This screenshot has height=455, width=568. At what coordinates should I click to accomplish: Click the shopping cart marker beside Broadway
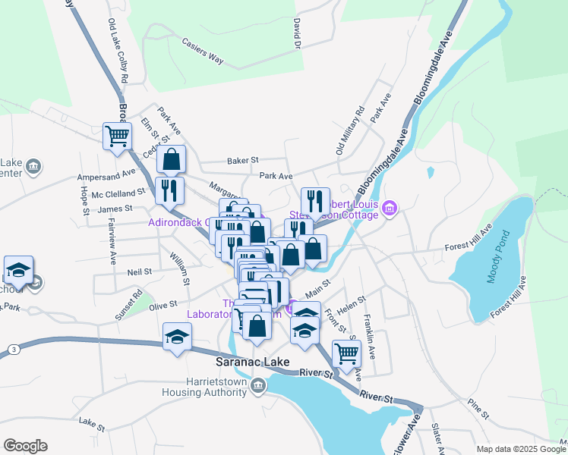[x=117, y=136]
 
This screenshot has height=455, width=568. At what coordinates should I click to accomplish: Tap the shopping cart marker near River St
[x=346, y=353]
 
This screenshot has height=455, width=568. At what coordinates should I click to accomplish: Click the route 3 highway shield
[x=14, y=348]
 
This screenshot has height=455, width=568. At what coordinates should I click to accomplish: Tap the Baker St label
[x=244, y=161]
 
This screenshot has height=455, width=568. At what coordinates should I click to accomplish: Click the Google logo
[x=25, y=446]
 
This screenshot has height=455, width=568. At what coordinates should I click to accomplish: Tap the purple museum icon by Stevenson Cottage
[x=390, y=207]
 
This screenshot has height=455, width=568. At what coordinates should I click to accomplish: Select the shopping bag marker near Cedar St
[x=172, y=159]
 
